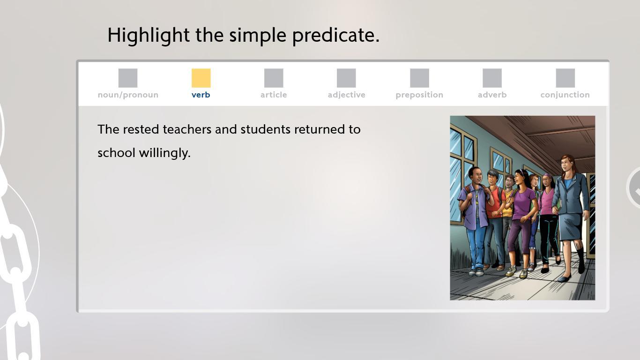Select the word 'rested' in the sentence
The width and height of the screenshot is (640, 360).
click(x=141, y=129)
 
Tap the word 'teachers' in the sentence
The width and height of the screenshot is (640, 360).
click(x=187, y=129)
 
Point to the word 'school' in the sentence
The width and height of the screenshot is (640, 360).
click(x=116, y=153)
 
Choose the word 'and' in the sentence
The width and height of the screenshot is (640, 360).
click(x=226, y=129)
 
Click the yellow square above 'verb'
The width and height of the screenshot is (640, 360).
click(x=201, y=78)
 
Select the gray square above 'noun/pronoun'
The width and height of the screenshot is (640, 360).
click(x=128, y=78)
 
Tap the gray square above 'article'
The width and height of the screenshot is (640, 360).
click(x=274, y=78)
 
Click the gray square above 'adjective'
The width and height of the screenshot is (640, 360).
click(x=346, y=78)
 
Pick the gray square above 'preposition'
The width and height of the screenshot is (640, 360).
click(x=419, y=78)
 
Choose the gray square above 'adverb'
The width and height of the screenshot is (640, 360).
click(x=492, y=78)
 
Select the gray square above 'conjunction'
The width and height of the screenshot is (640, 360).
click(x=566, y=78)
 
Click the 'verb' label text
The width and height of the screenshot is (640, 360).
click(x=201, y=95)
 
